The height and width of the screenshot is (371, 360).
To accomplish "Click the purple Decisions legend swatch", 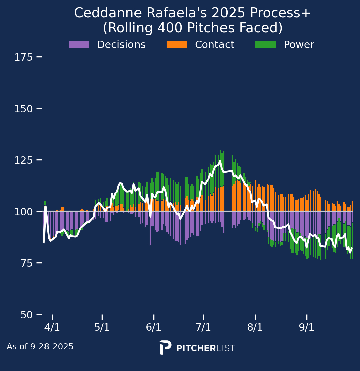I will (x=79, y=45).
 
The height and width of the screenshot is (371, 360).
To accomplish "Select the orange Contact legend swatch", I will (x=177, y=45).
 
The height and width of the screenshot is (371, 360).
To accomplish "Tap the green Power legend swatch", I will (x=265, y=45).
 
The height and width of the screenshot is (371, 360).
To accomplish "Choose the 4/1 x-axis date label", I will (x=52, y=327).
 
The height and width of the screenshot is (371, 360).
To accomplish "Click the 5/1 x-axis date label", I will (x=102, y=327).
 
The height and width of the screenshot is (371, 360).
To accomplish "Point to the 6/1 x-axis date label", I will (x=154, y=327).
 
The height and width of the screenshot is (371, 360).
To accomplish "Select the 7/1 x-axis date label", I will (x=203, y=327).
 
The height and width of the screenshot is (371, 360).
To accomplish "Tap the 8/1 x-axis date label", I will (x=255, y=327).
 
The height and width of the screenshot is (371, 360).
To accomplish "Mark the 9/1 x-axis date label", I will (x=307, y=327).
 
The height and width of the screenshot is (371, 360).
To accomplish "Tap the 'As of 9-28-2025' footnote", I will (x=40, y=347).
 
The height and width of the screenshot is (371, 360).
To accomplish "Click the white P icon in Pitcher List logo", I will (x=165, y=347).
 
